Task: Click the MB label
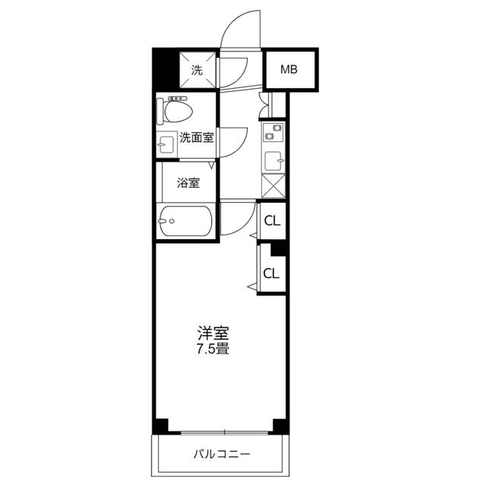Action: point(289,69)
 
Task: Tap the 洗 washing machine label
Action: point(197,70)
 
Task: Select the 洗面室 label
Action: point(197,137)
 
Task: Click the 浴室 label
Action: point(188,182)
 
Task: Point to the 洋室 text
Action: point(213,333)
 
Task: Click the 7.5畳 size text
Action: point(213,349)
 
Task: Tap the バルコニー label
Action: point(222,454)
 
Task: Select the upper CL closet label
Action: point(272,221)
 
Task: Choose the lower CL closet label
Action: point(271,273)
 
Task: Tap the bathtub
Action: point(185,221)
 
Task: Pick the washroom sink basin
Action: point(166,144)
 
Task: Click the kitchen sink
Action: point(274,160)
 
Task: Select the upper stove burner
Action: point(276,128)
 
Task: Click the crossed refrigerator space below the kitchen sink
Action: point(273,185)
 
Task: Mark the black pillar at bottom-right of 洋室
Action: point(280,426)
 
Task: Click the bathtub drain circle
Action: point(172,221)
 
